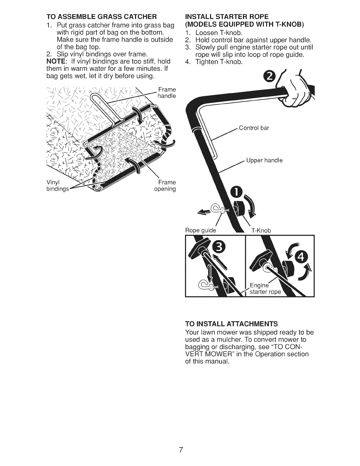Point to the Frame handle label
tap(166, 92)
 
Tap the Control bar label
tap(254, 128)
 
